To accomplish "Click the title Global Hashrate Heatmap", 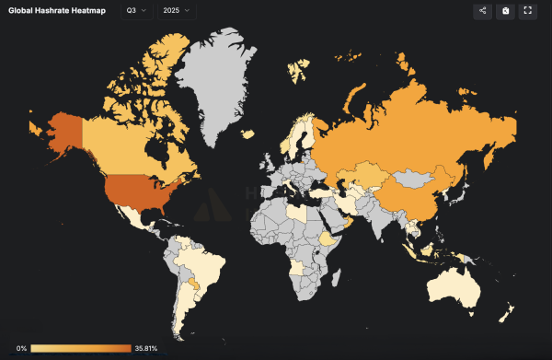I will pos(56,11).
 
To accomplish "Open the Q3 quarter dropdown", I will pos(136,11).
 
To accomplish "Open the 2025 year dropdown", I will pos(178,11).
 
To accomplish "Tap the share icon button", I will pos(482,11).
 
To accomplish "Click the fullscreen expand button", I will pos(528,11).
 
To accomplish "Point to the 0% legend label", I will pos(22,348).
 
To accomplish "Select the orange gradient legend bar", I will pos(81,348).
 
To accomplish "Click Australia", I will pos(460,290).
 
